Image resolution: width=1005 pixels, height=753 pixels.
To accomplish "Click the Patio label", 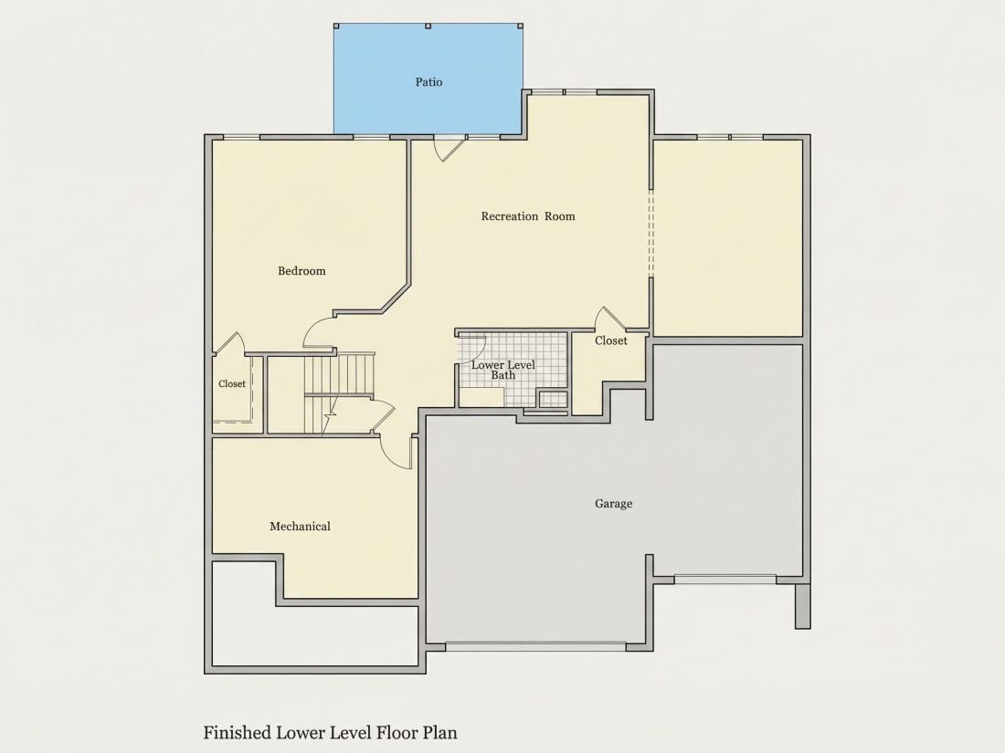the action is point(428,82).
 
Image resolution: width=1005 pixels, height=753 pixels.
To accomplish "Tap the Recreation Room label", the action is point(527,216).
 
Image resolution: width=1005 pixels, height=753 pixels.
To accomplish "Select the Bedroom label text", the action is point(301,271).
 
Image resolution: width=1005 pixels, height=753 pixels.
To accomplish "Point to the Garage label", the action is point(613,504).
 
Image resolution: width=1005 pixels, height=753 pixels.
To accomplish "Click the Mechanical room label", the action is point(300,527).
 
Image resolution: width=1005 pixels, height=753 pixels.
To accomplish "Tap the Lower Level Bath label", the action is point(503,370).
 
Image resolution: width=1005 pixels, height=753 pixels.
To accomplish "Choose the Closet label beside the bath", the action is point(611,340).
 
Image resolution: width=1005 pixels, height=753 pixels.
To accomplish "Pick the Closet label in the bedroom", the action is point(231,384).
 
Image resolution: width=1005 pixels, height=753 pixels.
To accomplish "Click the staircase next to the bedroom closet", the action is point(340,392).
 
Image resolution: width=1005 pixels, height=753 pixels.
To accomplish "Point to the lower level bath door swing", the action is point(472,350).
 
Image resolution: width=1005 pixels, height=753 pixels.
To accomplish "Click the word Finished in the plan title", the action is point(238,733).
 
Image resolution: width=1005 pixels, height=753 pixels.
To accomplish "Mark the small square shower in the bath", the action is point(553,400).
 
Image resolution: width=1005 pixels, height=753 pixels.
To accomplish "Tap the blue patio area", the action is point(428,79).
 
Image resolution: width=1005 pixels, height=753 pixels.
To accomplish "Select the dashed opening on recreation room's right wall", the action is point(651,234).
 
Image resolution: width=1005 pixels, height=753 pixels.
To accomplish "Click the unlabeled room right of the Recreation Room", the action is point(728,237).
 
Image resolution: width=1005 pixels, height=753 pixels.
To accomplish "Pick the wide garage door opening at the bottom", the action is point(535,646).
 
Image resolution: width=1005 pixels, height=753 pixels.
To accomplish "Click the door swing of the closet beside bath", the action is point(610,319).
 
